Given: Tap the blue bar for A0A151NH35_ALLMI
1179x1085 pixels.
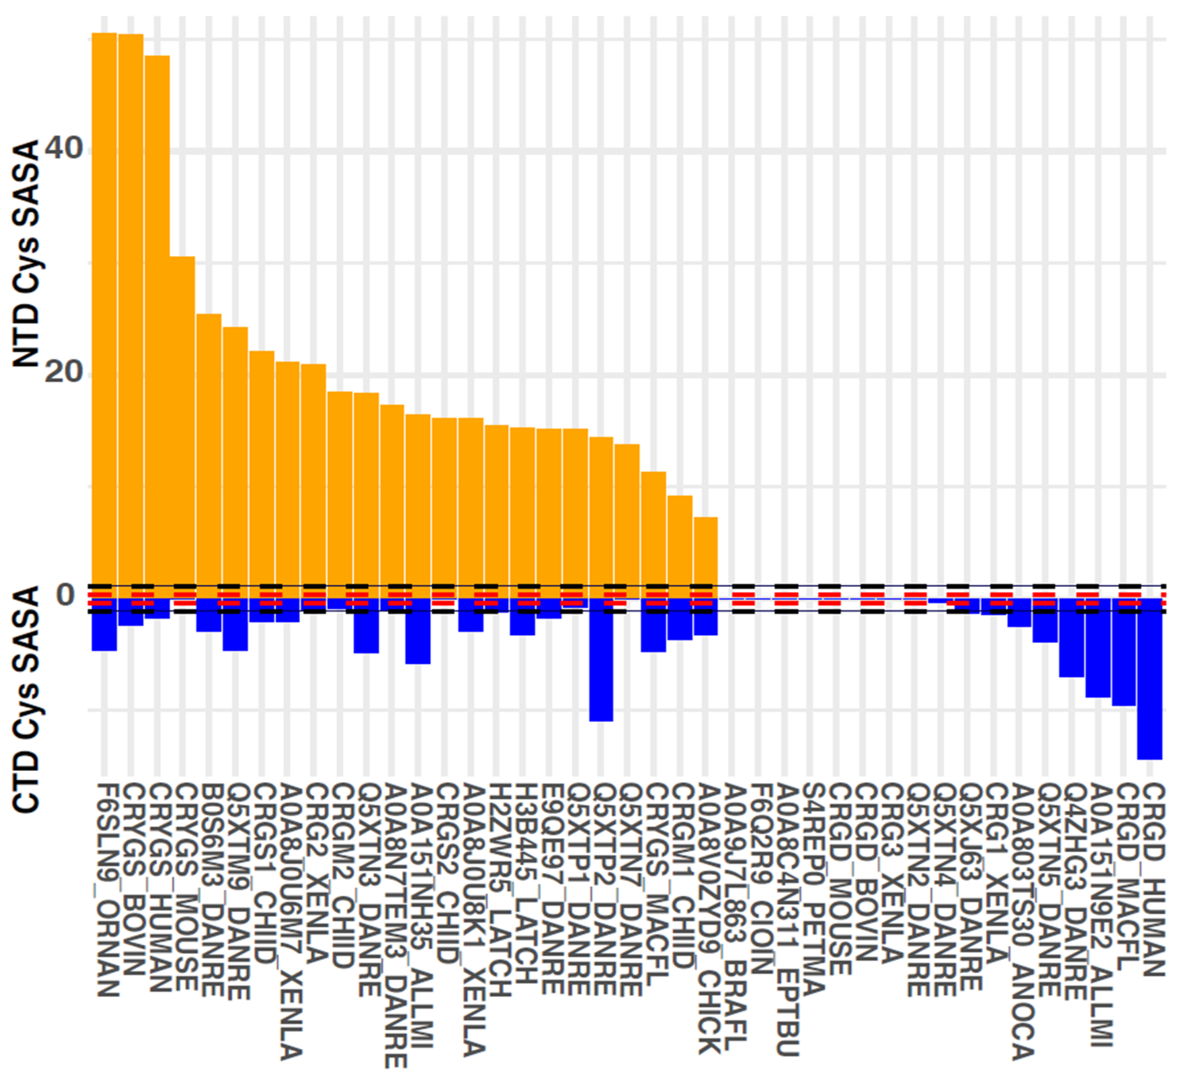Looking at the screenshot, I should click(418, 631).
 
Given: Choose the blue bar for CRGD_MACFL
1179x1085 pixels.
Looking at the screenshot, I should click(1123, 652).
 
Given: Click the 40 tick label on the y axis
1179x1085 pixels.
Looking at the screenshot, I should click(63, 148).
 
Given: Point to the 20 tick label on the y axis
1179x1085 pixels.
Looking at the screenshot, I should click(63, 372).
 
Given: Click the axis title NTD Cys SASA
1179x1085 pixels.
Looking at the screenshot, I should click(26, 254).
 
